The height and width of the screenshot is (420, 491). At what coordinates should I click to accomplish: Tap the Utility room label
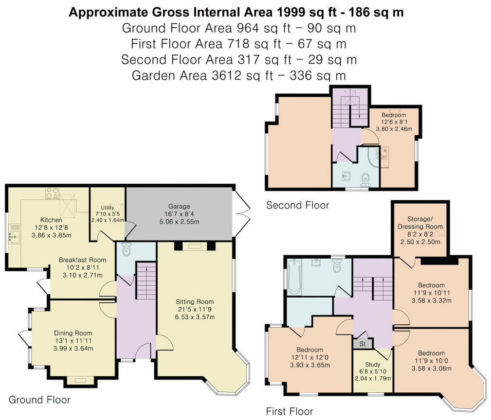coord(107,208)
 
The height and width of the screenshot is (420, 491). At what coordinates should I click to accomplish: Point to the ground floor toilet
coord(127,249)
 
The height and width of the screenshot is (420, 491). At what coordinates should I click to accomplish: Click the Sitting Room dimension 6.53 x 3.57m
coord(195,317)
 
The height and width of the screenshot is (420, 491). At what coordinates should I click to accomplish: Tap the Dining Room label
coord(73,333)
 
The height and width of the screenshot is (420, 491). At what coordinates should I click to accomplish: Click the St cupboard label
coord(363,344)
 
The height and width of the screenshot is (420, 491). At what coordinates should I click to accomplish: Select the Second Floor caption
coord(297,205)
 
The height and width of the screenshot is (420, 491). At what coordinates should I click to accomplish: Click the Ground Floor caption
coord(40,400)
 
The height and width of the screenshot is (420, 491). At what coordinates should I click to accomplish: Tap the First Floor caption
coord(289,411)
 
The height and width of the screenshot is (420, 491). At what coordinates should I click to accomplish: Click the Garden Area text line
coord(238,75)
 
